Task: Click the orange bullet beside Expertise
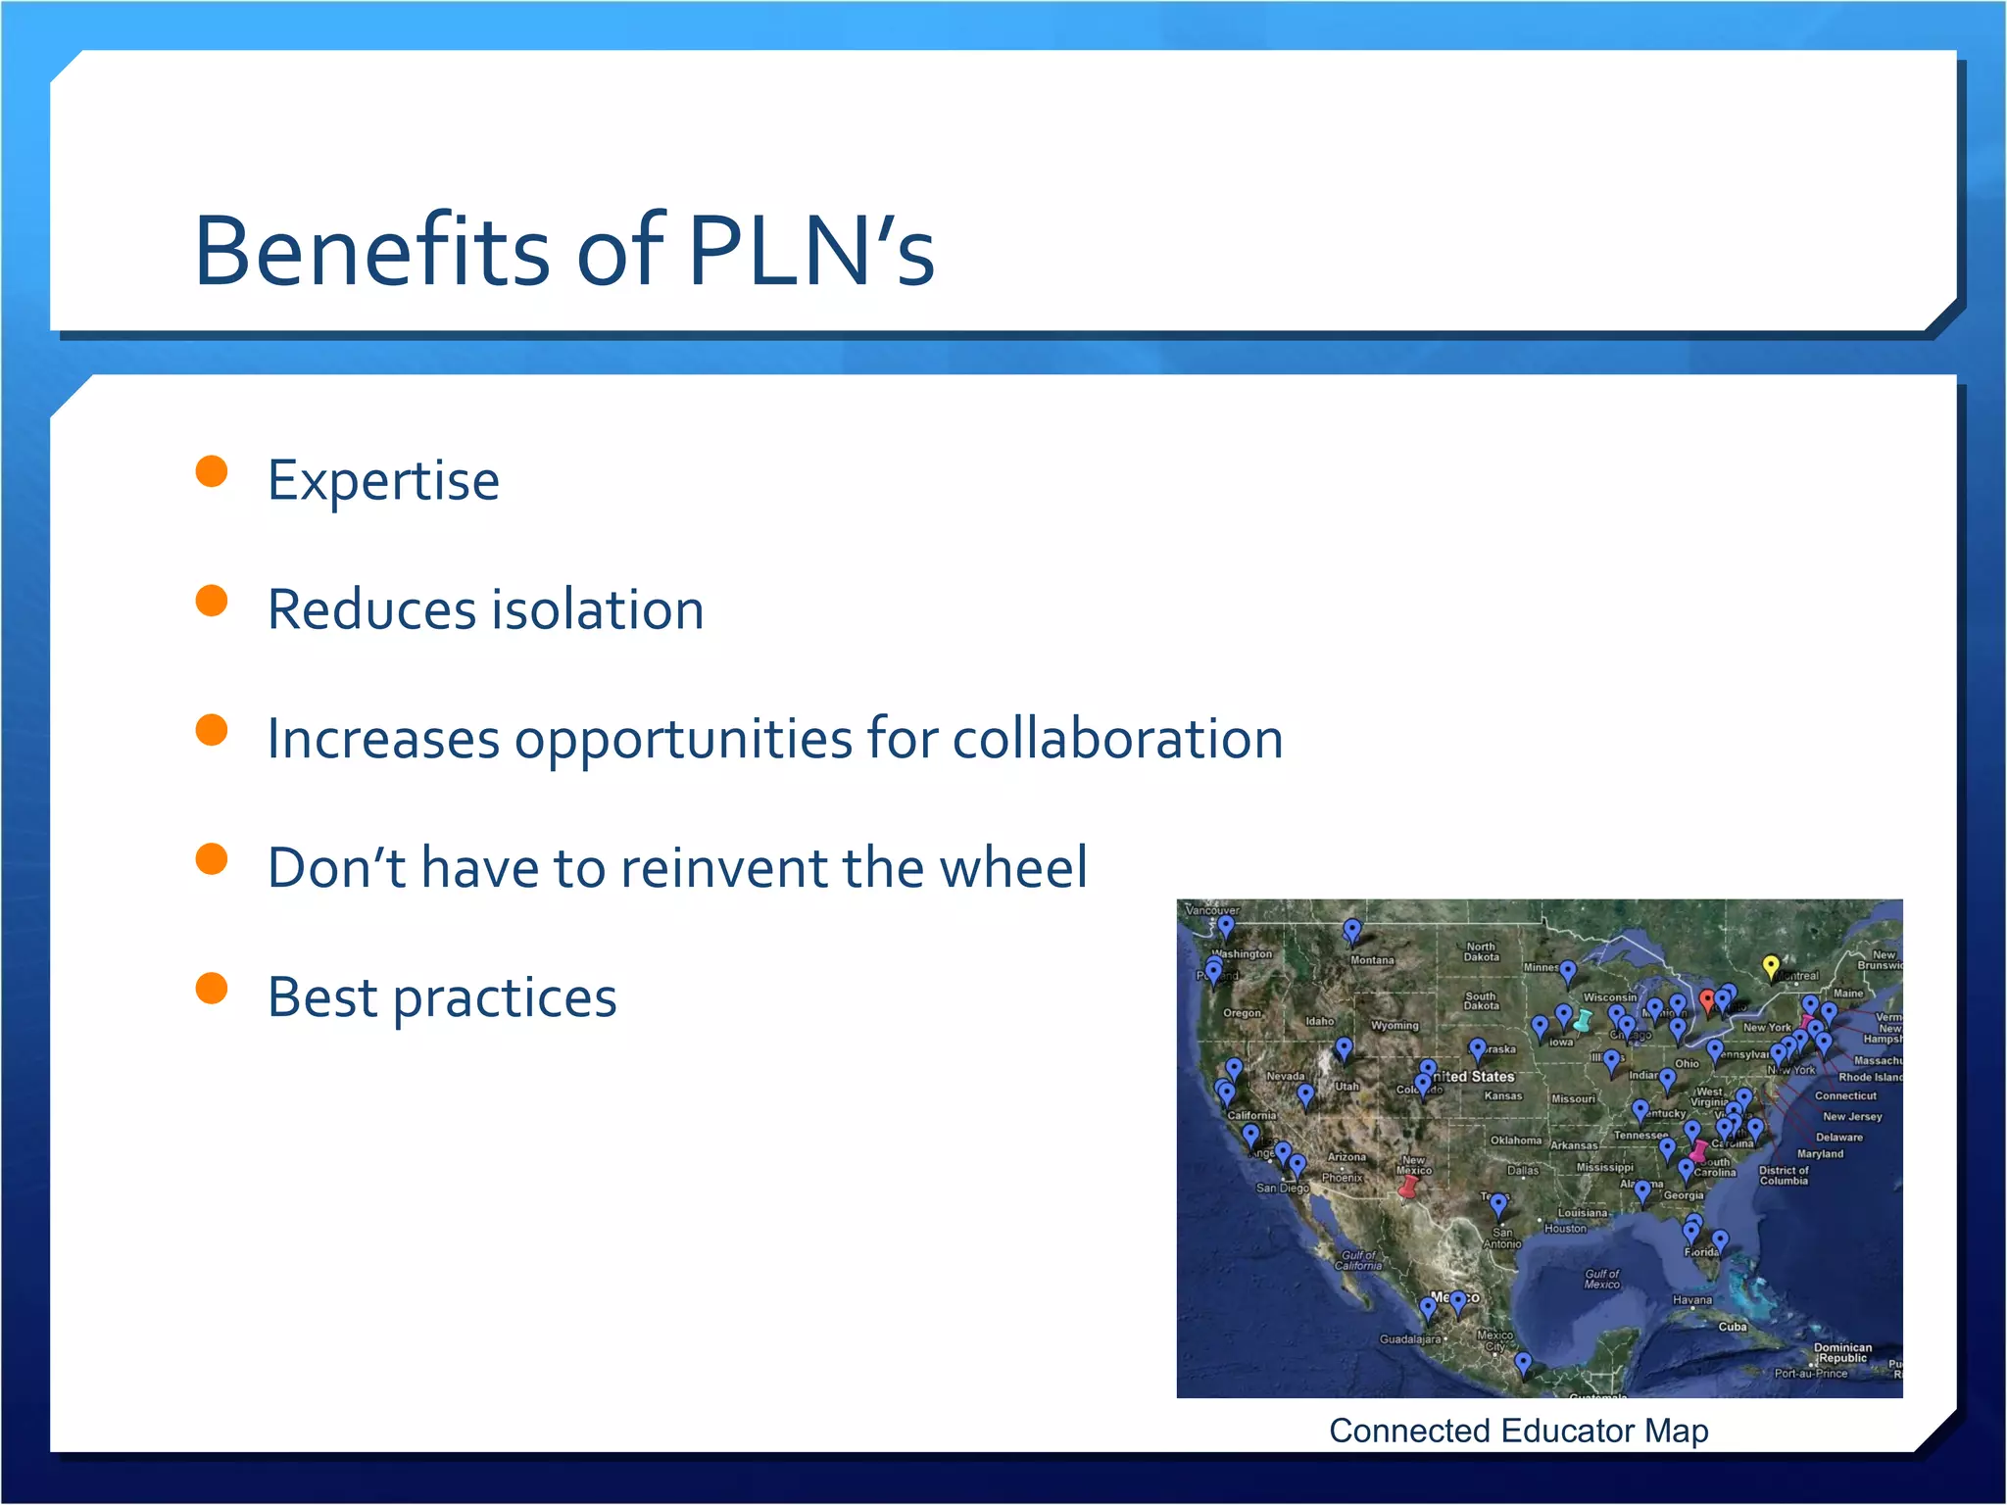pyautogui.click(x=212, y=471)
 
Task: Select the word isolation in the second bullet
pyautogui.click(x=598, y=609)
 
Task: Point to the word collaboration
pyautogui.click(x=1117, y=739)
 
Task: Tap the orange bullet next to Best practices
pyautogui.click(x=212, y=989)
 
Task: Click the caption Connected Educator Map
pyautogui.click(x=1518, y=1431)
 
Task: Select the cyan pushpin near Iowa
pyautogui.click(x=1582, y=1020)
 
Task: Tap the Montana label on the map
pyautogui.click(x=1372, y=960)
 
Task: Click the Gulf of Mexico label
pyautogui.click(x=1602, y=1279)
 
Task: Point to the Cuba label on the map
pyautogui.click(x=1733, y=1327)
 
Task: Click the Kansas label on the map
pyautogui.click(x=1503, y=1095)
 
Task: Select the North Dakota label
pyautogui.click(x=1481, y=951)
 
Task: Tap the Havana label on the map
pyautogui.click(x=1692, y=1300)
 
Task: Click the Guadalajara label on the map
pyautogui.click(x=1409, y=1339)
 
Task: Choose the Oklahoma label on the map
pyautogui.click(x=1515, y=1141)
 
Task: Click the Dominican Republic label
pyautogui.click(x=1842, y=1353)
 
